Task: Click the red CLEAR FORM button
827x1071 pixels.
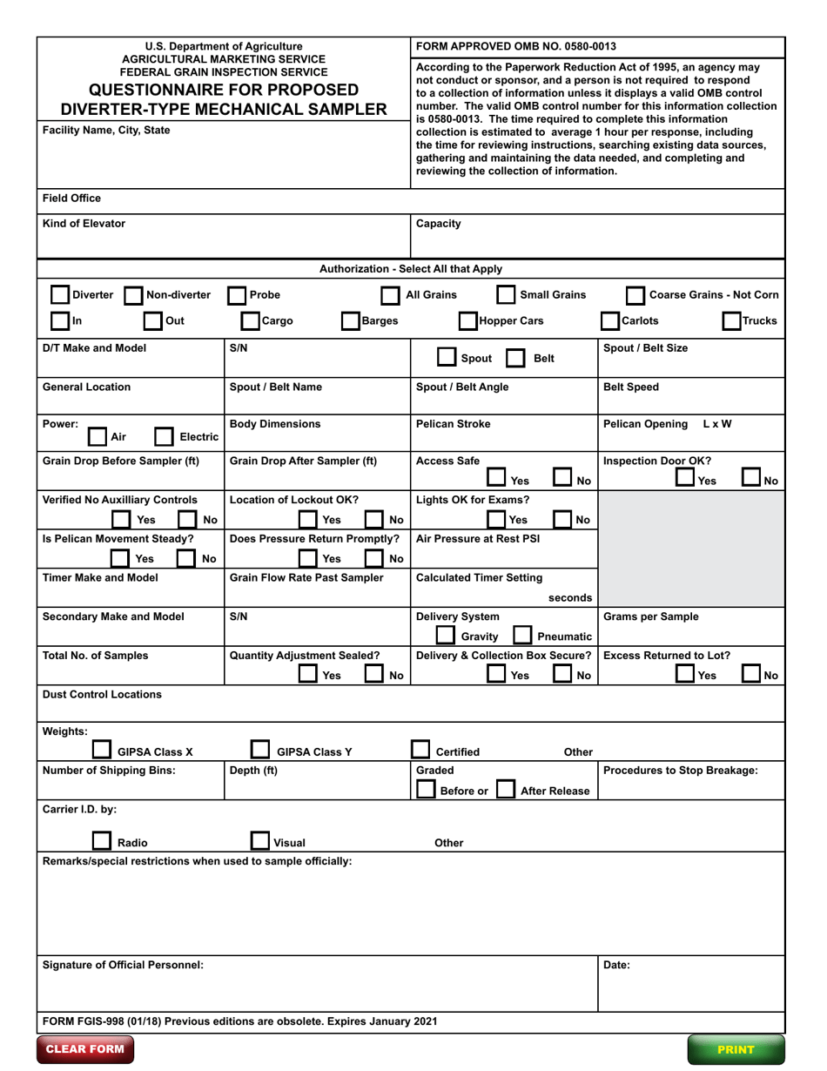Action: point(84,1048)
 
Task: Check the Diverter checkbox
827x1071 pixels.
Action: point(59,295)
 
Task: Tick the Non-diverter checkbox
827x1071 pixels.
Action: point(134,295)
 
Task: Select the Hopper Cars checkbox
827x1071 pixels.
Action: point(467,320)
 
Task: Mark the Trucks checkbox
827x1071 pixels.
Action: point(732,320)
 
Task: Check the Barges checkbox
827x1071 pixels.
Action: point(351,320)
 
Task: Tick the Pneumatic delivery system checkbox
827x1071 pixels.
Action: point(522,637)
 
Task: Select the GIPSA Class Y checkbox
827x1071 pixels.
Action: point(260,751)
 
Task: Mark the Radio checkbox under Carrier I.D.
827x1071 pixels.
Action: point(102,841)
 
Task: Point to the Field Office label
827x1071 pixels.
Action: point(71,199)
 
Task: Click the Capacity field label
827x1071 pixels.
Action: point(439,224)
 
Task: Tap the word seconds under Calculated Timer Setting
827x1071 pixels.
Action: point(570,597)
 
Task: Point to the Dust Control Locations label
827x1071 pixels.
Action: point(102,695)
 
